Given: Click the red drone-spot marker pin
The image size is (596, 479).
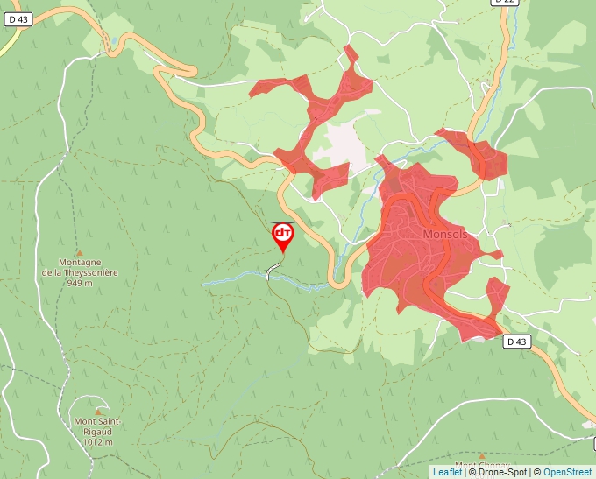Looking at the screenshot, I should pyautogui.click(x=283, y=236).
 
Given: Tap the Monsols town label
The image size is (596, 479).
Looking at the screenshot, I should pyautogui.click(x=446, y=235).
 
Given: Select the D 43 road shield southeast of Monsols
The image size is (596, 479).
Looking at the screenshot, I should pyautogui.click(x=518, y=342).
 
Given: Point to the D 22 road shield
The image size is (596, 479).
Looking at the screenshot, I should pyautogui.click(x=502, y=3).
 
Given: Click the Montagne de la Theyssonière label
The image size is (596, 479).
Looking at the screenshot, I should pyautogui.click(x=80, y=267).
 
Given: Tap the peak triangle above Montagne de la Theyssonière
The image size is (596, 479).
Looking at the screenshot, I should pyautogui.click(x=79, y=251).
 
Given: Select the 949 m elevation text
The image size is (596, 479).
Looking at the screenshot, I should pyautogui.click(x=80, y=284).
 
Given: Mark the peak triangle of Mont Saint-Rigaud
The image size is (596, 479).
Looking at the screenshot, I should pyautogui.click(x=97, y=411).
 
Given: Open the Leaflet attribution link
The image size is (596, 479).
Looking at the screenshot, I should pyautogui.click(x=447, y=472).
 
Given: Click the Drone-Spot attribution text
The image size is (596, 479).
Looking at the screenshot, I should pyautogui.click(x=499, y=472).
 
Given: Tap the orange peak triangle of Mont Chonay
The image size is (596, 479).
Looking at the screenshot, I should pyautogui.click(x=481, y=456).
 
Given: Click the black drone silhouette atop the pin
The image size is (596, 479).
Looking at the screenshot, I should pyautogui.click(x=283, y=222).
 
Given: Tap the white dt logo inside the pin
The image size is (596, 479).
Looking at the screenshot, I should pyautogui.click(x=283, y=233).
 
